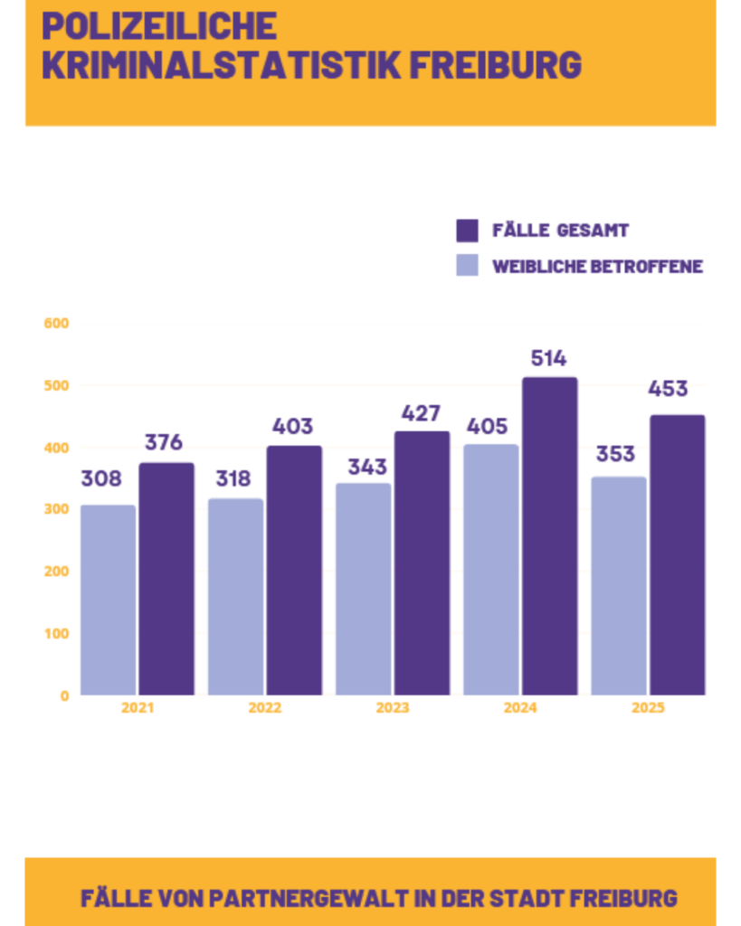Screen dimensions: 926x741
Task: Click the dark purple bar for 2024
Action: tap(549, 536)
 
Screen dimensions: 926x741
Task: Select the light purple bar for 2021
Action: tap(108, 600)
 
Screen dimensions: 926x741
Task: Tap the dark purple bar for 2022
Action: tap(294, 570)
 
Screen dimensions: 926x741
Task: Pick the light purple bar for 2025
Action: tap(619, 586)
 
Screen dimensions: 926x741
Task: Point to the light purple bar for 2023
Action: tap(363, 589)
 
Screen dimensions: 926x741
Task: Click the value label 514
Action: tap(548, 358)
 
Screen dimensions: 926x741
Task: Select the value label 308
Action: tap(101, 479)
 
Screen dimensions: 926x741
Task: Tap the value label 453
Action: tap(668, 389)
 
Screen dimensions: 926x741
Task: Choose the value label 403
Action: tap(292, 426)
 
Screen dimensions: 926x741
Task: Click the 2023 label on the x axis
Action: tap(392, 708)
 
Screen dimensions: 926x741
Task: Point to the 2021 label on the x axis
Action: tap(138, 708)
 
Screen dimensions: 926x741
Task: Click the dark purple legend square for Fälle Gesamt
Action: tap(467, 231)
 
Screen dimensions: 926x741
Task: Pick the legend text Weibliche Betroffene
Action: tap(597, 267)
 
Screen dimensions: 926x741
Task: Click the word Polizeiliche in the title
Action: tap(159, 26)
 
